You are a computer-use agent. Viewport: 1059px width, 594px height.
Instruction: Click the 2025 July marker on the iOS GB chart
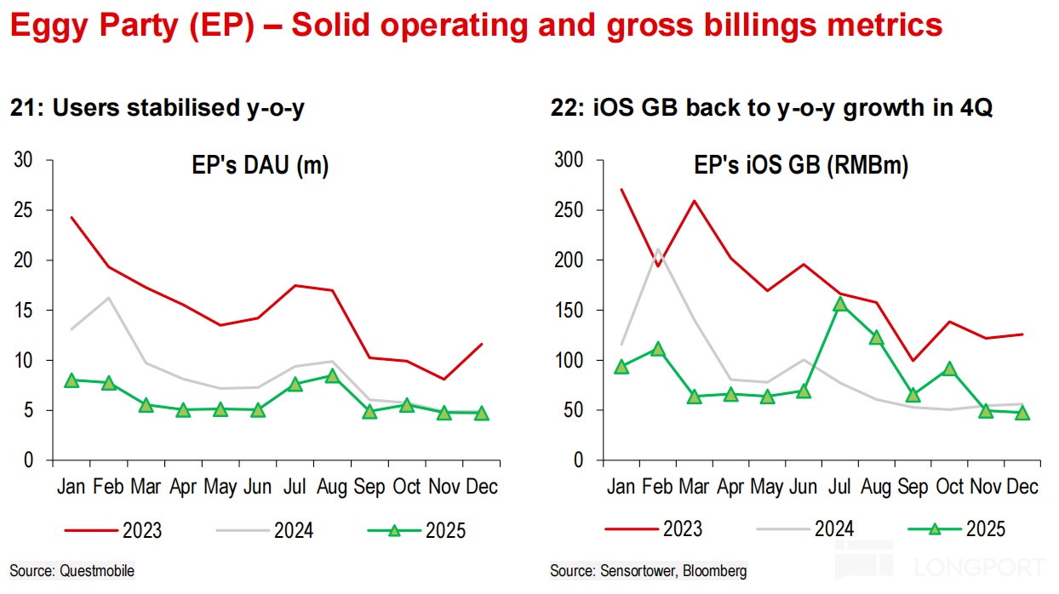coord(839,305)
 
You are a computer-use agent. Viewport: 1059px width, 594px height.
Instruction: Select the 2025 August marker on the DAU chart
coord(333,376)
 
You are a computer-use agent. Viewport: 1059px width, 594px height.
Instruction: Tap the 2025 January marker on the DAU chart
coord(72,380)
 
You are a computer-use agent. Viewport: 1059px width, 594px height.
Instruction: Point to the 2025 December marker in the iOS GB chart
coord(1022,414)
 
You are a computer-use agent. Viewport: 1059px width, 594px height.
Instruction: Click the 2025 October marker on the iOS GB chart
coord(949,369)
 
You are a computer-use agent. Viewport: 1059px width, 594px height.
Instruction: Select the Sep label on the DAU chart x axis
coord(369,487)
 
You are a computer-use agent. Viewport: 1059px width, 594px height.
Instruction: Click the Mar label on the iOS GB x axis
coord(694,487)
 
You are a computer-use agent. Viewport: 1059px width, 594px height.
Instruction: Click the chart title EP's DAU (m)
coord(260,166)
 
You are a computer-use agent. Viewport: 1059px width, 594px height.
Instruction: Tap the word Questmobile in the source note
coord(97,570)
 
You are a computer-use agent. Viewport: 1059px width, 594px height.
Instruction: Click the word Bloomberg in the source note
coord(717,570)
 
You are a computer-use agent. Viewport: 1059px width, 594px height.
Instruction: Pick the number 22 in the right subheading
coord(563,109)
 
